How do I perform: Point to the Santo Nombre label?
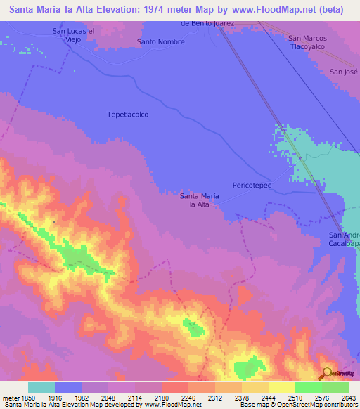point(161,42)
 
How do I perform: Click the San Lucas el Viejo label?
point(73,35)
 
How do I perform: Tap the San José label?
point(345,72)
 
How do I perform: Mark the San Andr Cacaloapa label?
point(345,239)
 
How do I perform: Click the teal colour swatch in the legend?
point(41,387)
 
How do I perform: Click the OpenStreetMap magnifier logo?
point(327,373)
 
